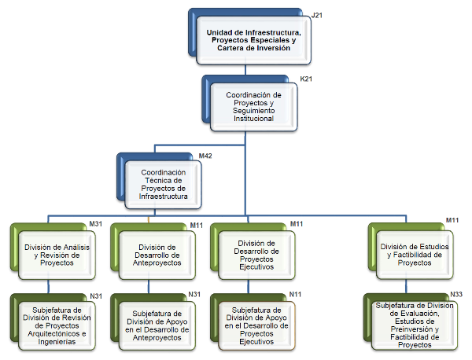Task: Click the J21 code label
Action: click(x=317, y=16)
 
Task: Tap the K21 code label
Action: click(x=306, y=79)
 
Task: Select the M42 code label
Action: click(x=205, y=156)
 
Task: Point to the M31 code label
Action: click(x=96, y=224)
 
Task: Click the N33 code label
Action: click(x=456, y=294)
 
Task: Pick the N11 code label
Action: click(x=295, y=294)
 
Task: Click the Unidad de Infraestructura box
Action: click(x=253, y=40)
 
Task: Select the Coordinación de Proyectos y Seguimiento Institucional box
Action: click(x=254, y=107)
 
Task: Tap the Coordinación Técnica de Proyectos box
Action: click(x=163, y=185)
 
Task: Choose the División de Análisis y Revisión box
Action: click(x=57, y=255)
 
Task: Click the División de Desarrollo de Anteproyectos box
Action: click(x=157, y=255)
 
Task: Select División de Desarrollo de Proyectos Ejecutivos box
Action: click(x=256, y=255)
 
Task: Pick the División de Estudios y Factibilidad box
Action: click(x=415, y=255)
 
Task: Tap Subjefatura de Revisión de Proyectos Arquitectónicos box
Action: click(x=57, y=325)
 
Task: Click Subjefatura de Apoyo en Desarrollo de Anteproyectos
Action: click(x=157, y=325)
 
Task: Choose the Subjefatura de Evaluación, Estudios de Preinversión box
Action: click(x=415, y=325)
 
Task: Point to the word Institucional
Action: click(x=254, y=119)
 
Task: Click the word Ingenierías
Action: click(x=57, y=342)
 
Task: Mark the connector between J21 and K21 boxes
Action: click(x=245, y=70)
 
